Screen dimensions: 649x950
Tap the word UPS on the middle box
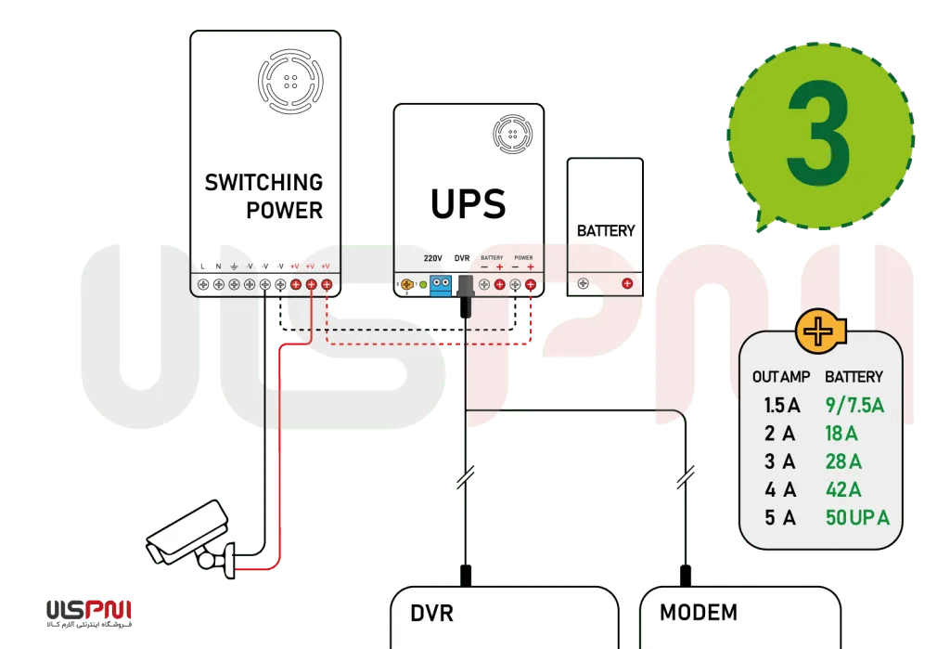(x=468, y=203)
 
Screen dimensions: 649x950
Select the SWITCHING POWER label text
(x=263, y=196)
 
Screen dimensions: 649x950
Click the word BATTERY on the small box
(x=606, y=230)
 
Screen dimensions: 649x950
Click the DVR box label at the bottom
(x=432, y=614)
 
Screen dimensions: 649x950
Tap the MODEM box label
(x=699, y=613)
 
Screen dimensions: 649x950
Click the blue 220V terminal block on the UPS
(x=441, y=284)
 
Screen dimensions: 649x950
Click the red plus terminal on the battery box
(x=627, y=283)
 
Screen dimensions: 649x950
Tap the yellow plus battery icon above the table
(x=817, y=331)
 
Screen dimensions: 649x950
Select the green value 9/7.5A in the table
(x=853, y=406)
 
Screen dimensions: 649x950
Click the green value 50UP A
(x=856, y=517)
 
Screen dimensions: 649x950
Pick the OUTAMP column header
(x=781, y=377)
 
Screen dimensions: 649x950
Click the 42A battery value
(x=843, y=489)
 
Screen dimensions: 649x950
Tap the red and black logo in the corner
(x=89, y=610)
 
